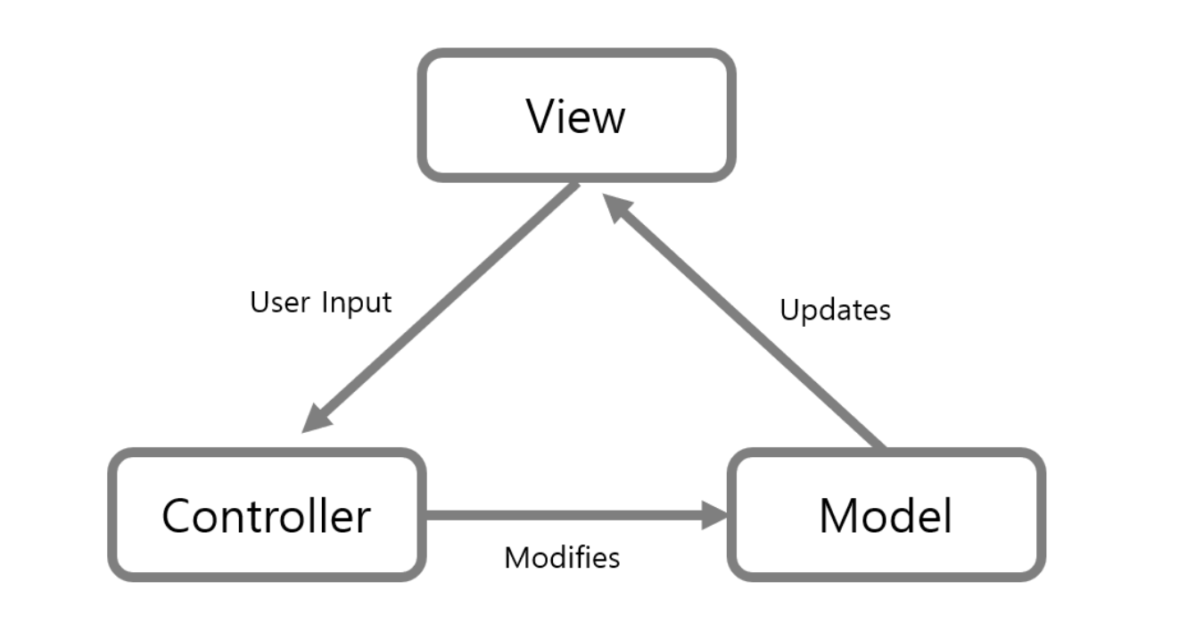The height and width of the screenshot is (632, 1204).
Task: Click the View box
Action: pyautogui.click(x=576, y=115)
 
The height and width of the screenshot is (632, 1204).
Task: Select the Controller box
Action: pyautogui.click(x=268, y=515)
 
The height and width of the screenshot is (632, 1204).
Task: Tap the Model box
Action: pyautogui.click(x=887, y=515)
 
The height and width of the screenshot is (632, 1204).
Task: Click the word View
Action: pyautogui.click(x=575, y=116)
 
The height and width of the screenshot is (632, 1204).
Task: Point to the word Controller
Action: pyautogui.click(x=267, y=516)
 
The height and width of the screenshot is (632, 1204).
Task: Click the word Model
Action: pyautogui.click(x=886, y=515)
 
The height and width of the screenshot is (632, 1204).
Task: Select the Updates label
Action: pyautogui.click(x=836, y=311)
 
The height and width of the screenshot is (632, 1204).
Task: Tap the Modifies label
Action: pyautogui.click(x=562, y=557)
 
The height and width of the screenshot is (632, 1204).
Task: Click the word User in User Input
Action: pyautogui.click(x=280, y=302)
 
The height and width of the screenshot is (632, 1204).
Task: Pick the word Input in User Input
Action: pyautogui.click(x=357, y=303)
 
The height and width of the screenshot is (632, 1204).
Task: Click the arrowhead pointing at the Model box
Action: pyautogui.click(x=714, y=515)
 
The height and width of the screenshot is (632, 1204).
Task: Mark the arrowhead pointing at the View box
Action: pyautogui.click(x=617, y=207)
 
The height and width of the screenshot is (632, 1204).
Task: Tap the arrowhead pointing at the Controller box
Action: pyautogui.click(x=317, y=419)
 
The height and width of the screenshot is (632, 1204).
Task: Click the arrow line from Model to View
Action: pyautogui.click(x=744, y=320)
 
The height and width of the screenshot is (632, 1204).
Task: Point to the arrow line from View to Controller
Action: pyautogui.click(x=441, y=308)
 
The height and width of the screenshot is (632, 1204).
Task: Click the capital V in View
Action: pyautogui.click(x=542, y=116)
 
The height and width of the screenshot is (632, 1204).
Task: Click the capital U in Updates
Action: pyautogui.click(x=790, y=309)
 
